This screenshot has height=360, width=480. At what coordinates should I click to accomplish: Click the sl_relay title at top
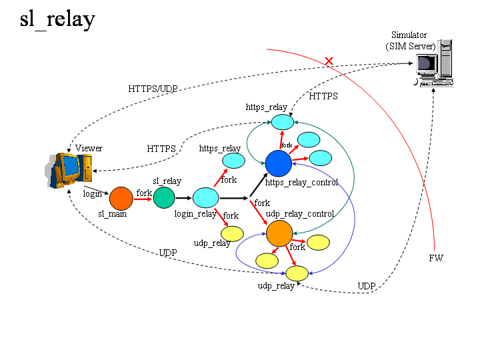(57, 19)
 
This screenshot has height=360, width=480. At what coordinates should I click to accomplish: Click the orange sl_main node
(121, 198)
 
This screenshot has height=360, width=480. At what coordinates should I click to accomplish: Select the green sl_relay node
(163, 197)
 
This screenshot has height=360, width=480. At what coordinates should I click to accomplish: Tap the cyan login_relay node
(206, 197)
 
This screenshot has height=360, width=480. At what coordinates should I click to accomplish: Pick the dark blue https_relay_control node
(278, 163)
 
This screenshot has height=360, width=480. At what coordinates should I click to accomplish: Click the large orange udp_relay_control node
(279, 233)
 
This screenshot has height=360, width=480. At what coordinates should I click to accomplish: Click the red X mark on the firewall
(329, 61)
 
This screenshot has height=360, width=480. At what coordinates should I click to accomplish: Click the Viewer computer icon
(69, 171)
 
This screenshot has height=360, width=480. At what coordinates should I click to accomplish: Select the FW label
(436, 257)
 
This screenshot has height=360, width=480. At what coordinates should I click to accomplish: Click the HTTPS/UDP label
(153, 89)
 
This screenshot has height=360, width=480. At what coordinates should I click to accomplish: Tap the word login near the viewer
(93, 193)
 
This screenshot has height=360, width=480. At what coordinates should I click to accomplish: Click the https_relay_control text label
(301, 182)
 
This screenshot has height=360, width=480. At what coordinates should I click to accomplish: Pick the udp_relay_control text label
(300, 213)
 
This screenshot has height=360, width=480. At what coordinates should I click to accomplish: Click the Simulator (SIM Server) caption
(410, 41)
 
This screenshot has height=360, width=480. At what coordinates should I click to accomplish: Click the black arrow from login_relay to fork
(233, 198)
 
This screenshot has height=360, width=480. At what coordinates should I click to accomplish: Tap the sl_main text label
(113, 214)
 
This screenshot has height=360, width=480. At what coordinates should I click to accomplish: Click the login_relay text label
(195, 214)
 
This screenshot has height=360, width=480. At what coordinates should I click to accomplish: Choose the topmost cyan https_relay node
(282, 123)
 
